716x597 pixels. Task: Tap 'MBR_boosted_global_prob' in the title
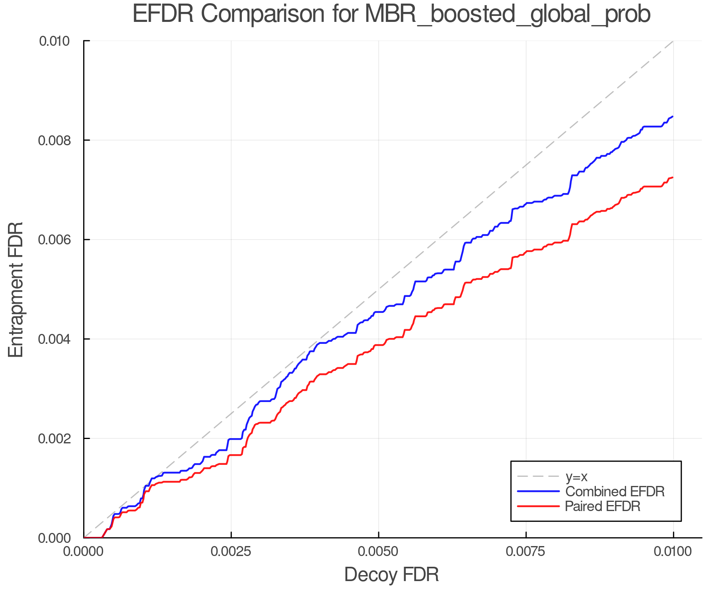[x=507, y=14]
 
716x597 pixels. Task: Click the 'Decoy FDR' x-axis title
[x=391, y=575]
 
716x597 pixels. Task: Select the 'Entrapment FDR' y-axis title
[x=16, y=289]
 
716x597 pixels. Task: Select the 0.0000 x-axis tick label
[x=84, y=552]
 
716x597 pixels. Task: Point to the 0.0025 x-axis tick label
[x=231, y=552]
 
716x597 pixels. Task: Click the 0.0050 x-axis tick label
[x=378, y=552]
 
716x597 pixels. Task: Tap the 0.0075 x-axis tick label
[x=526, y=552]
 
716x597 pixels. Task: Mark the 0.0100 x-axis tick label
[x=673, y=552]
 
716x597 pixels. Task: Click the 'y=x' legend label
[x=576, y=476]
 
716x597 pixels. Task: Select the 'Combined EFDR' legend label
[x=615, y=492]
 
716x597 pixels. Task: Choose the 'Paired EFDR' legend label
[x=602, y=506]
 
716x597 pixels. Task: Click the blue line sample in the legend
[x=538, y=492]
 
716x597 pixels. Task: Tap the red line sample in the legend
[x=538, y=506]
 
